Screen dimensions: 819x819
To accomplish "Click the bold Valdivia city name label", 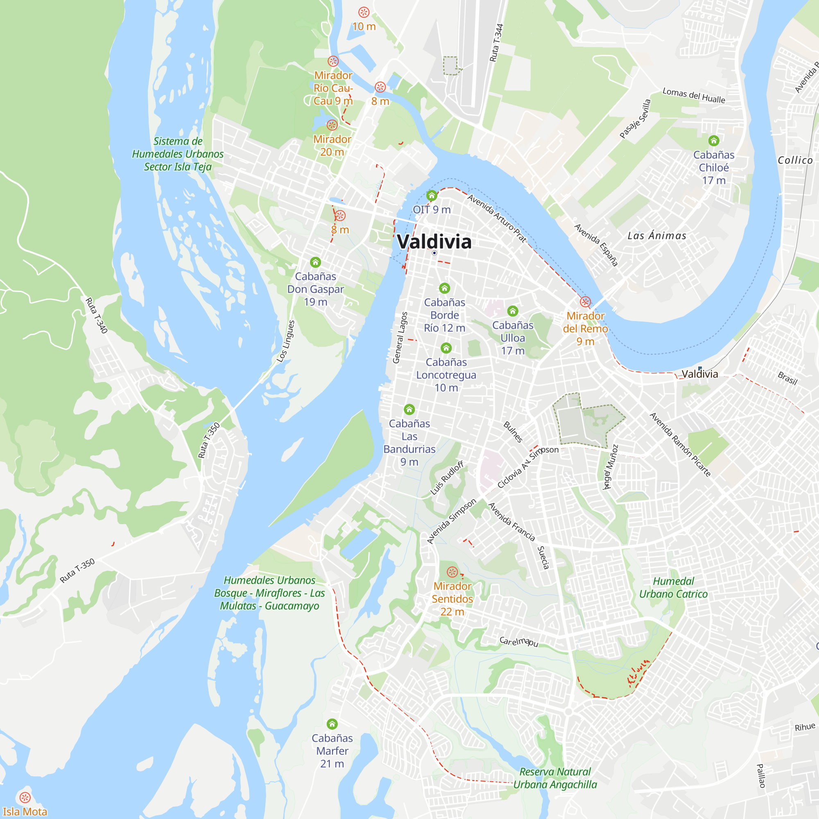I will click(x=434, y=242).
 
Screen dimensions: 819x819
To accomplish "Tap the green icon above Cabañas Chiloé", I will click(x=714, y=140).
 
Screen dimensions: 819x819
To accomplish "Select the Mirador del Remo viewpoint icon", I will click(x=585, y=302).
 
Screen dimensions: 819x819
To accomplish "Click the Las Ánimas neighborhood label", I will click(x=657, y=236).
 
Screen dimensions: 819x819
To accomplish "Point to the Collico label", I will click(x=795, y=160).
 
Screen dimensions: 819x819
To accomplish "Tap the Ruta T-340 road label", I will click(x=97, y=315).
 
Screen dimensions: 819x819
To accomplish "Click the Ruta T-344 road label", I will click(x=496, y=43).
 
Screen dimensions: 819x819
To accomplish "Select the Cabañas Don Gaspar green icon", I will click(x=315, y=262).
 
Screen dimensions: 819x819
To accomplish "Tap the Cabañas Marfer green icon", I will click(x=333, y=724).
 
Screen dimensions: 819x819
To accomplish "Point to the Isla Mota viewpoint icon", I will click(x=25, y=797).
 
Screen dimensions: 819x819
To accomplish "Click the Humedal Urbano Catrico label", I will click(x=673, y=588).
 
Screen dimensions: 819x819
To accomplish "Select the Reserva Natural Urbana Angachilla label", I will click(x=555, y=778).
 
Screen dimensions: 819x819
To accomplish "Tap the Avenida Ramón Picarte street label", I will click(x=680, y=444).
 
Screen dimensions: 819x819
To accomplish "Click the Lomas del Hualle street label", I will click(x=694, y=96).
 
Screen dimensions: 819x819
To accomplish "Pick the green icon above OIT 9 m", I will click(x=432, y=195).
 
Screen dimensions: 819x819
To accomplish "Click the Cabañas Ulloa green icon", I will click(x=513, y=311).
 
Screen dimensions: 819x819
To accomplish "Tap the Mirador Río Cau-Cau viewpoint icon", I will click(x=333, y=61).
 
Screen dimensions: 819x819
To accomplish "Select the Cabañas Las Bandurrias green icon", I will click(x=409, y=409).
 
